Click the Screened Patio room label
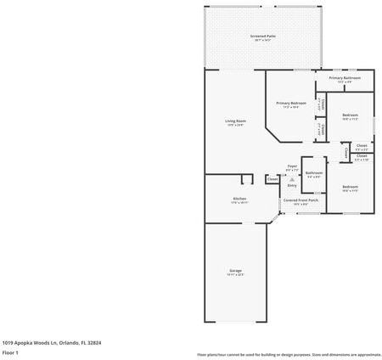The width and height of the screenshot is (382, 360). [x=263, y=37]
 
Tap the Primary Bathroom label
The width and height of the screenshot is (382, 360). [x=345, y=78]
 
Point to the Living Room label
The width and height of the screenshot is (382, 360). [x=235, y=121]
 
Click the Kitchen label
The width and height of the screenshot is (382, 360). [x=239, y=199]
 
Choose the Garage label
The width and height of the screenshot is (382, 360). [x=235, y=270]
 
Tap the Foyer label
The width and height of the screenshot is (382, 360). [x=292, y=166]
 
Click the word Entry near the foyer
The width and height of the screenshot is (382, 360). [x=292, y=185]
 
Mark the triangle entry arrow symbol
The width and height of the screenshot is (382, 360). [x=292, y=178]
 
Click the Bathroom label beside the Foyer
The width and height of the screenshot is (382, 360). [x=313, y=172]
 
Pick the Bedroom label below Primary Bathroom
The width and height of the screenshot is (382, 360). [x=350, y=115]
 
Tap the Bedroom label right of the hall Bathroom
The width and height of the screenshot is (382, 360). [x=350, y=186]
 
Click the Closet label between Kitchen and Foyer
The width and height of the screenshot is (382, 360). [x=272, y=179]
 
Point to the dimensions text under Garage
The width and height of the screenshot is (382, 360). [x=235, y=275]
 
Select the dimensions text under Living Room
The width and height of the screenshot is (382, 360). [x=235, y=126]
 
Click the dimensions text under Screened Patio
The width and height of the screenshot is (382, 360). [x=263, y=42]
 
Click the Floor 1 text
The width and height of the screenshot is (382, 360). [x=11, y=352]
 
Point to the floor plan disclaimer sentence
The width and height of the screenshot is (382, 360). [x=289, y=354]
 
